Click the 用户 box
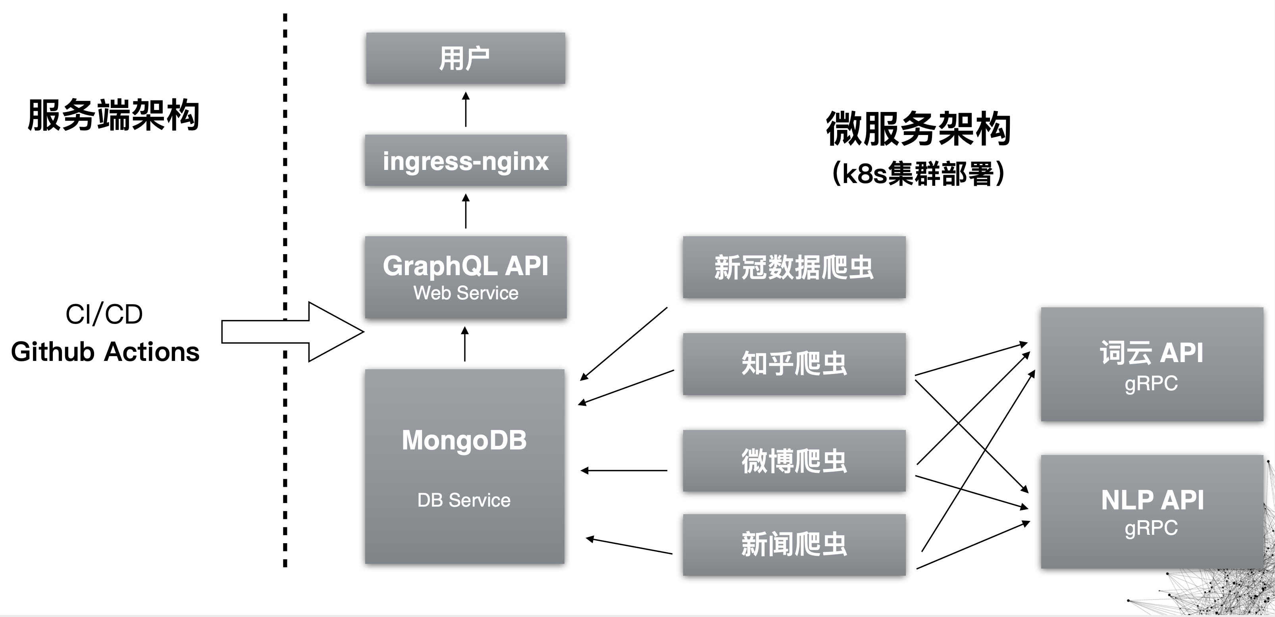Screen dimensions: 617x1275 click(x=465, y=58)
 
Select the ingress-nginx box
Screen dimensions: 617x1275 click(x=465, y=160)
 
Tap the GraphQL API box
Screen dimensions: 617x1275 click(x=465, y=277)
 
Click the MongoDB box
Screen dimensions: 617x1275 click(x=464, y=465)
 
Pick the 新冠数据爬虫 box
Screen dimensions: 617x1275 click(x=794, y=267)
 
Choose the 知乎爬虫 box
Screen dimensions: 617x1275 click(x=794, y=364)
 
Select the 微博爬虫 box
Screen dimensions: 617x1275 click(x=794, y=461)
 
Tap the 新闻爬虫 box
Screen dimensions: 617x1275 click(x=794, y=544)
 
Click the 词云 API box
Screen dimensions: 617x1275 click(x=1152, y=364)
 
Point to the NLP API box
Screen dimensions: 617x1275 click(x=1152, y=511)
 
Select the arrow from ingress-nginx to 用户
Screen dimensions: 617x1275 click(x=465, y=110)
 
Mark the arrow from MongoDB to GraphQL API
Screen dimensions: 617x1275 click(x=464, y=344)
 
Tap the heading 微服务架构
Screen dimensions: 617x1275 click(x=918, y=129)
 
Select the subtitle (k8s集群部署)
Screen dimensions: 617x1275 click(x=918, y=174)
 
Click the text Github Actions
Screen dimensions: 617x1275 click(x=105, y=352)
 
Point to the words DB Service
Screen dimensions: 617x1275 click(x=464, y=500)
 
